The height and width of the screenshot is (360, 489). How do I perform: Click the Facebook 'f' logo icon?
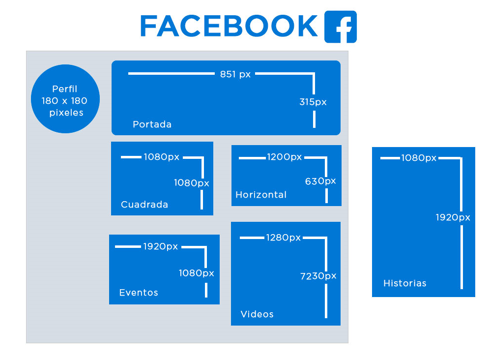(340, 27)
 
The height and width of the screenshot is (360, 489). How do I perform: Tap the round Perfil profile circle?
(65, 99)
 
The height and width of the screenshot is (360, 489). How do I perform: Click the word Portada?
(152, 124)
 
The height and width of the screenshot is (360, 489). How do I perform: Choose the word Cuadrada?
(144, 205)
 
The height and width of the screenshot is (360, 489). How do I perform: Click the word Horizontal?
(261, 195)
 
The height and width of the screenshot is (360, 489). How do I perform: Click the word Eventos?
(139, 293)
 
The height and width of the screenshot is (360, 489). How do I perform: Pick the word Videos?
(257, 314)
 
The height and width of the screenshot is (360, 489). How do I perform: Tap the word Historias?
(405, 283)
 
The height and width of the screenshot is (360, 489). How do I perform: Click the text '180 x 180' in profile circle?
(65, 101)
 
